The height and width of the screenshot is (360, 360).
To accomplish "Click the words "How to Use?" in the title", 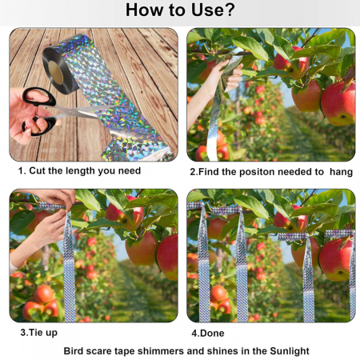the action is point(180,10).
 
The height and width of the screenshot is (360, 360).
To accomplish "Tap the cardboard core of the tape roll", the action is point(55,73).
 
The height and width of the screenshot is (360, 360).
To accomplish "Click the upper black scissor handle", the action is point(39,97).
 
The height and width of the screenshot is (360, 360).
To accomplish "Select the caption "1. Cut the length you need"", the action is point(79,170).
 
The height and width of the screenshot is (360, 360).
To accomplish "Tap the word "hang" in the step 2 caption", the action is point(341,172).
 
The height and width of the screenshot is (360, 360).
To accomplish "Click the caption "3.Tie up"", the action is point(39,333).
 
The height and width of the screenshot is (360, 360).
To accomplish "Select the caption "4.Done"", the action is point(208,333).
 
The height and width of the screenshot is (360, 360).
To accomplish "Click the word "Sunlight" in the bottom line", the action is point(290,351).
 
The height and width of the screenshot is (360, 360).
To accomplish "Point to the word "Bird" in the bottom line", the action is point(73,351).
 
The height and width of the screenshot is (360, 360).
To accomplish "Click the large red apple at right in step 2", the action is point(338,103).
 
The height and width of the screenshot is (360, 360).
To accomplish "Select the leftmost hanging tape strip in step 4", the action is point(204,262).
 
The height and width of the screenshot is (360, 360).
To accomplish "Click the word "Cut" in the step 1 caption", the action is point(38,170).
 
